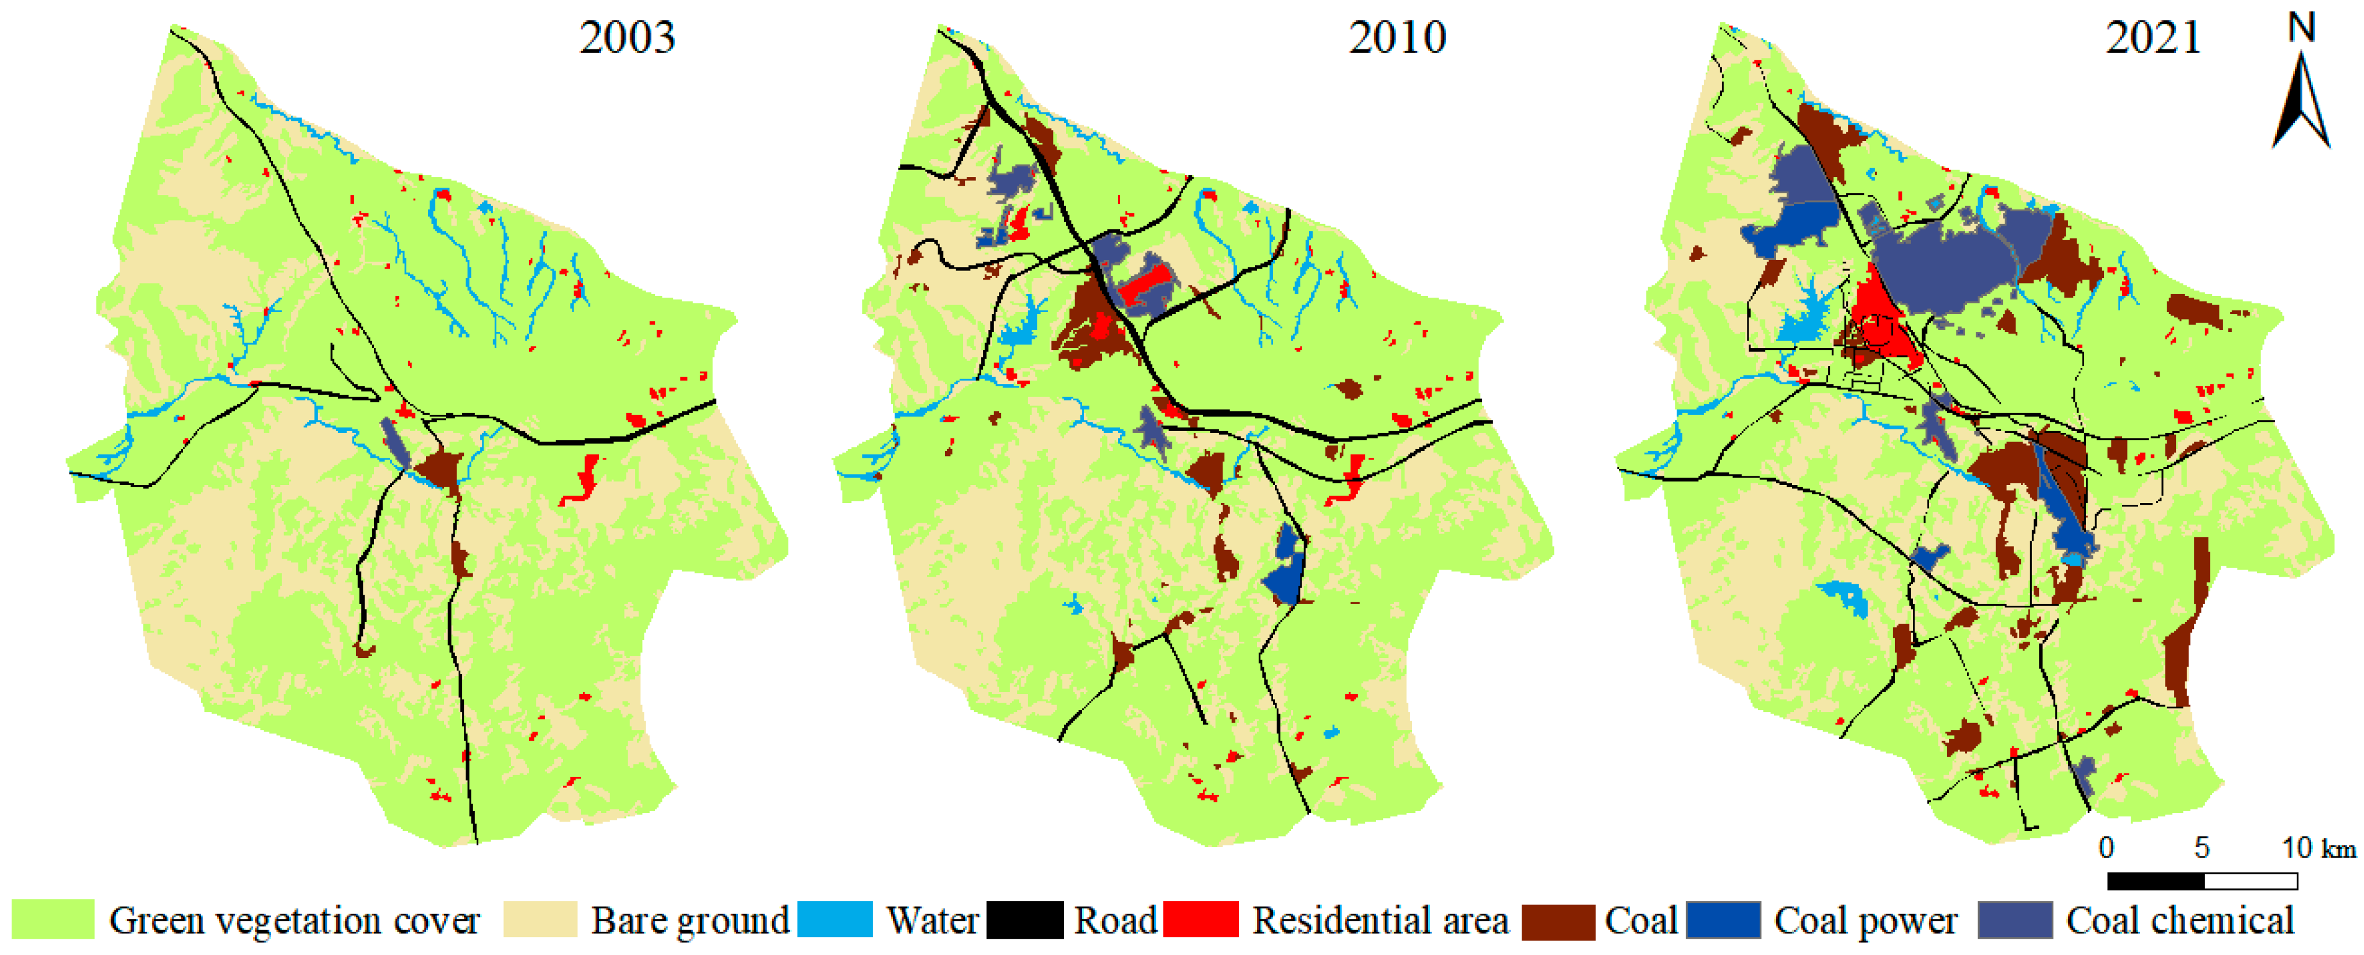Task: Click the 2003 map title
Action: (x=627, y=38)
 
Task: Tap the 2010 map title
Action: (x=1397, y=38)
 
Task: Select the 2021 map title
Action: (x=2153, y=38)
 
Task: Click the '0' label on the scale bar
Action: (x=2107, y=848)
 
